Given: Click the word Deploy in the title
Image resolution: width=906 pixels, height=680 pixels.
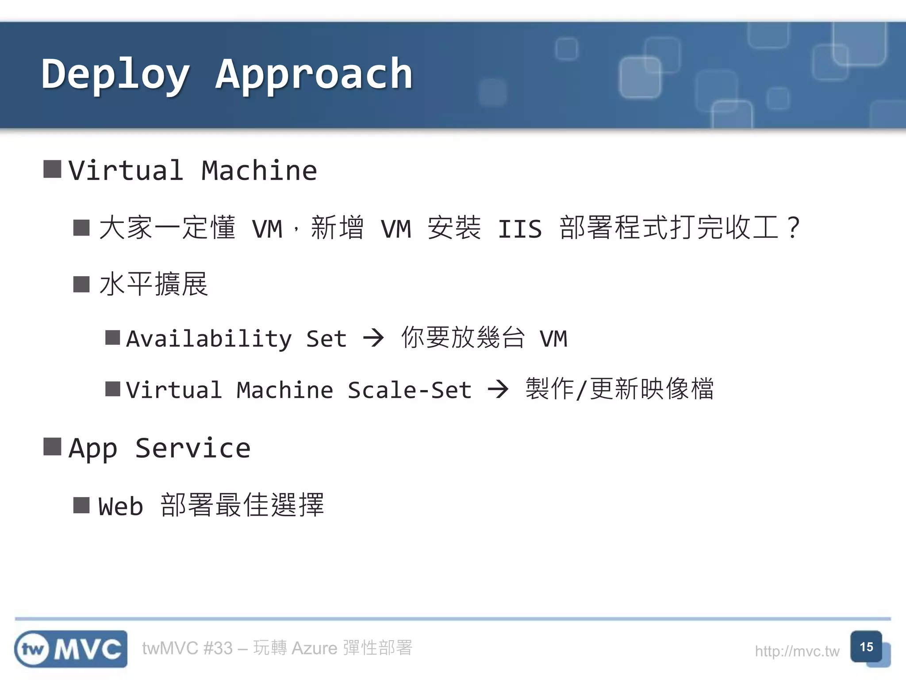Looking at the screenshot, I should pyautogui.click(x=116, y=74).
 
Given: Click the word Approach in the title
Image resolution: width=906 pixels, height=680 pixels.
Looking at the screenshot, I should pyautogui.click(x=314, y=74).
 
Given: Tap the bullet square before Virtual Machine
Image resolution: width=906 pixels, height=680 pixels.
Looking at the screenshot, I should pyautogui.click(x=52, y=169).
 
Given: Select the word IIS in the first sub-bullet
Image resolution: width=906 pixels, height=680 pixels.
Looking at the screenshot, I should pyautogui.click(x=519, y=229).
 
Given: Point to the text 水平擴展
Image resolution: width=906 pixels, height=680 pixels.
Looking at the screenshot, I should pyautogui.click(x=154, y=284).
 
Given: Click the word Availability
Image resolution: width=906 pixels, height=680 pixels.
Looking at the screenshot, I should pyautogui.click(x=209, y=339).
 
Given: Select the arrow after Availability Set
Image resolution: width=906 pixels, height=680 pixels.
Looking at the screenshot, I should pyautogui.click(x=373, y=338).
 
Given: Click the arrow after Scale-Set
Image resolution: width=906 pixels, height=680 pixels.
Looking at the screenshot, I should pyautogui.click(x=498, y=390).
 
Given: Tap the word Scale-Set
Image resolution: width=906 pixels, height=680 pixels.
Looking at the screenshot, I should pyautogui.click(x=410, y=390).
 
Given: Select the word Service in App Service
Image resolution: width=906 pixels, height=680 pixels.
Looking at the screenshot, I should pyautogui.click(x=193, y=448).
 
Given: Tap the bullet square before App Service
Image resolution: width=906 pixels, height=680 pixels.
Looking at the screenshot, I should pyautogui.click(x=52, y=446).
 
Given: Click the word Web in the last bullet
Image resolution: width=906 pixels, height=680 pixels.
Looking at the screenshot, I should pyautogui.click(x=121, y=506).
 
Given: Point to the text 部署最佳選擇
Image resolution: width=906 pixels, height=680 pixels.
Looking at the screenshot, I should pyautogui.click(x=242, y=505).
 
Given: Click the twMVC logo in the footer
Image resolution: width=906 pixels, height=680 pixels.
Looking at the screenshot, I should pyautogui.click(x=71, y=649).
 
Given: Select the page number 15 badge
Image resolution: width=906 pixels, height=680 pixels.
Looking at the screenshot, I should pyautogui.click(x=866, y=647).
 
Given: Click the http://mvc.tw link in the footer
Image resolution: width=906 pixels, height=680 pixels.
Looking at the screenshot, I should pyautogui.click(x=797, y=651).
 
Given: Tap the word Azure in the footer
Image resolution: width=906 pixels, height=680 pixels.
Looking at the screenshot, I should pyautogui.click(x=315, y=648).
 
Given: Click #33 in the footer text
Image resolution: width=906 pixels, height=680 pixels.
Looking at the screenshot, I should pyautogui.click(x=218, y=648).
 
